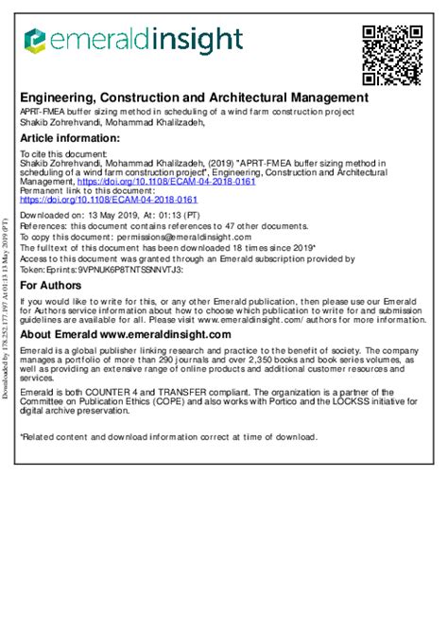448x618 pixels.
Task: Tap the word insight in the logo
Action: tap(200, 41)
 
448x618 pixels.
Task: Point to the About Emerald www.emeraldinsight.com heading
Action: tap(126, 335)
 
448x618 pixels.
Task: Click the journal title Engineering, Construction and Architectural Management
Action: tap(194, 97)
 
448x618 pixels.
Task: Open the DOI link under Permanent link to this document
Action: tap(109, 201)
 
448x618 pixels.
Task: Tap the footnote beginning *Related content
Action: tap(168, 436)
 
